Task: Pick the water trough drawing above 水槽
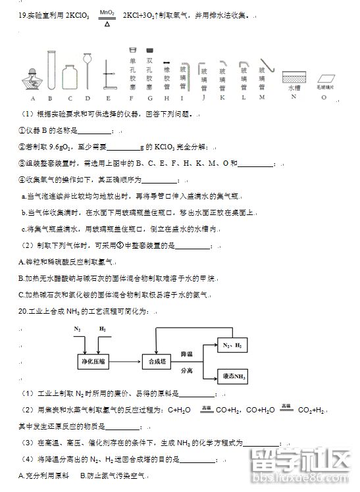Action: click(x=294, y=76)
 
